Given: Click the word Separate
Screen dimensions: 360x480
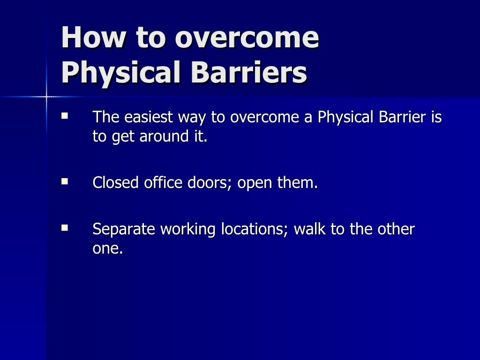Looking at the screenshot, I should (124, 230).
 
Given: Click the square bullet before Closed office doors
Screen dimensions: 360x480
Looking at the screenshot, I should (65, 180).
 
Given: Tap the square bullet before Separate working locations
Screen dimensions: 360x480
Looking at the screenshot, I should (65, 228).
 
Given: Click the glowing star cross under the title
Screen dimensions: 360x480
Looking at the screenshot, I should (46, 97).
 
